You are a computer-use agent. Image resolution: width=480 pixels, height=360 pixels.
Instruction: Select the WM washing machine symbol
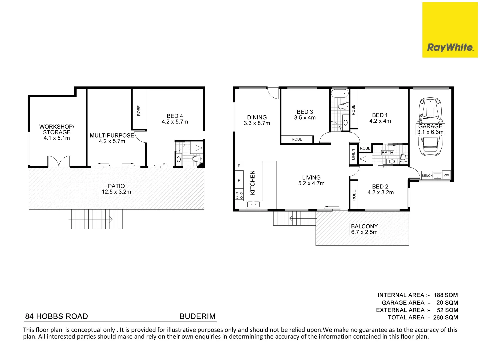446,175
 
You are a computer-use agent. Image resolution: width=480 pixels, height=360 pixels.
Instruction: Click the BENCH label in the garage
427,176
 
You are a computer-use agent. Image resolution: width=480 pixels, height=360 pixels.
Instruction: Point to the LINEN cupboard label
353,154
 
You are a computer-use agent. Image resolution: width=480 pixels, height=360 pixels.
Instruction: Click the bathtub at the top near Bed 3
339,93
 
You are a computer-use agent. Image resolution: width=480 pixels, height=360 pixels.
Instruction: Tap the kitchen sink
253,205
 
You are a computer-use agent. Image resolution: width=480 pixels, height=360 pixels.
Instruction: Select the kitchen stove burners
239,195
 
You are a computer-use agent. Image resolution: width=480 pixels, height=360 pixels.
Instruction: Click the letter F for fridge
239,166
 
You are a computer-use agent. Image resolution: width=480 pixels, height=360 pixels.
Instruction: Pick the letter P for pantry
239,180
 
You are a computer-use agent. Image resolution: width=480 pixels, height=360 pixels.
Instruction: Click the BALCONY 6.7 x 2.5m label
364,229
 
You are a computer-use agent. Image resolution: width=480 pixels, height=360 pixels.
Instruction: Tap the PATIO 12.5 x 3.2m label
116,189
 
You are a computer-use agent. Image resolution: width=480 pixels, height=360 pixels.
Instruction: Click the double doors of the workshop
59,162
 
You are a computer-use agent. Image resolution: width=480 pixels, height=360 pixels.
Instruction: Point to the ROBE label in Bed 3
297,139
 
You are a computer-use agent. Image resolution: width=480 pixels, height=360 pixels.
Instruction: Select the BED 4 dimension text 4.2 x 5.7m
175,122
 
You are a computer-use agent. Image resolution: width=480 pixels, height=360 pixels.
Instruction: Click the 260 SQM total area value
445,318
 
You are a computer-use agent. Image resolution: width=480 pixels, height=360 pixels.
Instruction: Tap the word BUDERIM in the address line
197,316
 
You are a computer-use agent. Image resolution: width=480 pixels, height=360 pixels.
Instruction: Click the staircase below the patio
97,219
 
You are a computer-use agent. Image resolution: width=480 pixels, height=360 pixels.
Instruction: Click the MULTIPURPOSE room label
112,136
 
